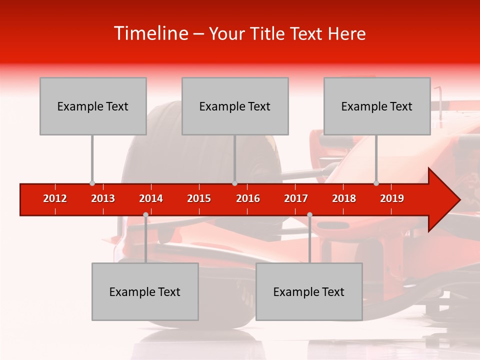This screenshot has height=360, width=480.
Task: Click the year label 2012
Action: point(55,198)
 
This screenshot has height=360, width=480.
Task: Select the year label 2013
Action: point(103,198)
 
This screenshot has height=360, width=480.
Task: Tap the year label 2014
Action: point(151,198)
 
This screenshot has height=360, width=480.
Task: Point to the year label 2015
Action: point(199,198)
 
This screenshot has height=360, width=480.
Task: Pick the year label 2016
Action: point(248,198)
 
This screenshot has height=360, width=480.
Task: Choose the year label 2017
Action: point(296,198)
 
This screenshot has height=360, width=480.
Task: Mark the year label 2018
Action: point(344,198)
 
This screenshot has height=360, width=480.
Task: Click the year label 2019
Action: point(392,198)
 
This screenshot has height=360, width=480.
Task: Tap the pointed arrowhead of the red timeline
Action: point(445,200)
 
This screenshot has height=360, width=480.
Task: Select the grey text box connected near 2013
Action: point(93,106)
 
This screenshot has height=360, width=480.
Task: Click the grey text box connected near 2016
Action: point(235,106)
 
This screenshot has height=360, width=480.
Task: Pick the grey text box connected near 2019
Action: point(377,106)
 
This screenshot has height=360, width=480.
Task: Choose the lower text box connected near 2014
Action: point(145,291)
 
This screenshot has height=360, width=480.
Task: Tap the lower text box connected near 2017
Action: point(309,291)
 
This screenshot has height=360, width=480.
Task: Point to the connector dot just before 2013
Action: point(92,183)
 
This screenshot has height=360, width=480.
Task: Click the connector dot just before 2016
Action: point(234,183)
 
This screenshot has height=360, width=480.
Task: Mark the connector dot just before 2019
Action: point(376,183)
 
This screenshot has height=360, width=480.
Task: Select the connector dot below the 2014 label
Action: point(145,214)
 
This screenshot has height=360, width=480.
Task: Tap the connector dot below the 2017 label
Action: point(309,214)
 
